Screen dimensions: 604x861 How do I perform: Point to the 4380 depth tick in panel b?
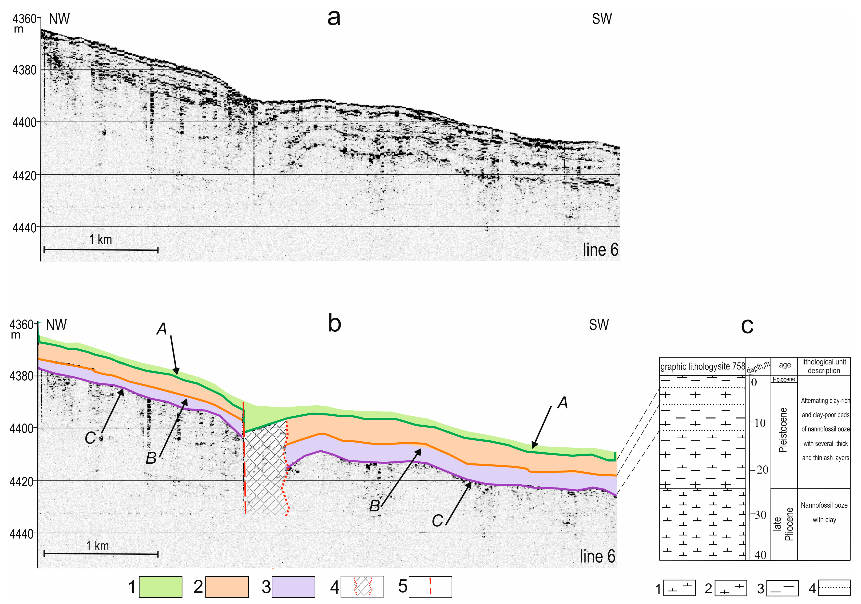tap(21, 376)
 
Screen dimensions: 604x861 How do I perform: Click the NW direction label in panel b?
tap(56, 325)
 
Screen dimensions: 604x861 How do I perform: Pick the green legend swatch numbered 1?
tap(161, 587)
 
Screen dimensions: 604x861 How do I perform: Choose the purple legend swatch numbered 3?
tap(293, 587)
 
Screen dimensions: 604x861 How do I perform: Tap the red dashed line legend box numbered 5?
tap(430, 587)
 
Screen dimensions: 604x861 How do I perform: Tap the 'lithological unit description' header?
tap(824, 366)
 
